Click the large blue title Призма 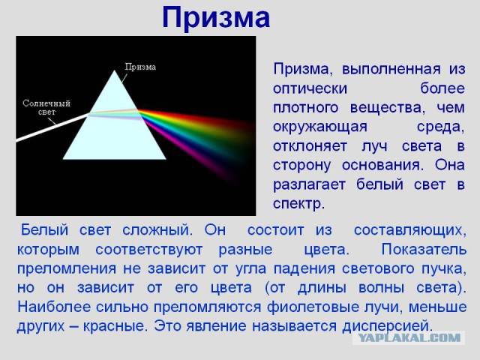pos(216,18)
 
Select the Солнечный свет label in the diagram pos(46,107)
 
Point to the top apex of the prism pos(115,71)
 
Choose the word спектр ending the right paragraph pos(297,202)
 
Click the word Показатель pos(424,247)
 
